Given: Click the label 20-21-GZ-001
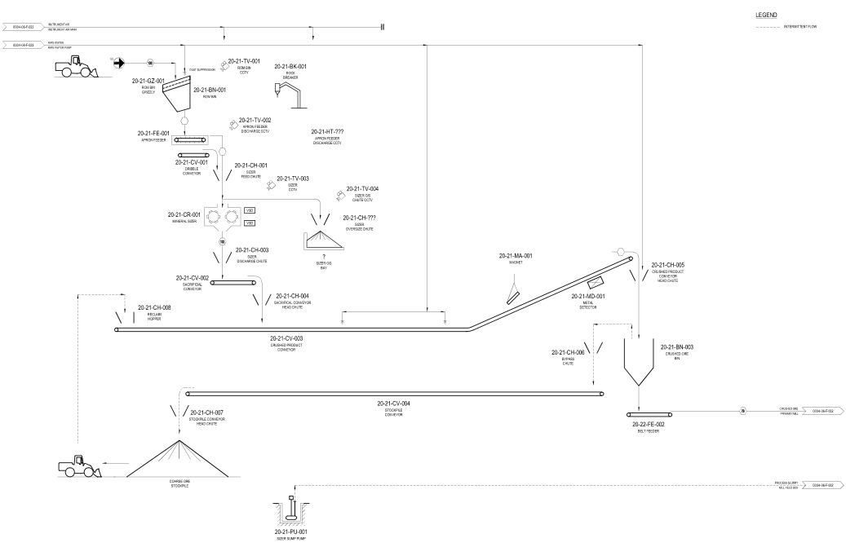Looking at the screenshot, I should tap(148, 81).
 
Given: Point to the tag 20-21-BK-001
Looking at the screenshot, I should tap(290, 66).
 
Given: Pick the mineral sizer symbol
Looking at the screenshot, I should tap(224, 217).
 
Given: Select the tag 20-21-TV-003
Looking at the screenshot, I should tap(293, 179).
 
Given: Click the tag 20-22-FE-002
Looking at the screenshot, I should tap(649, 425).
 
